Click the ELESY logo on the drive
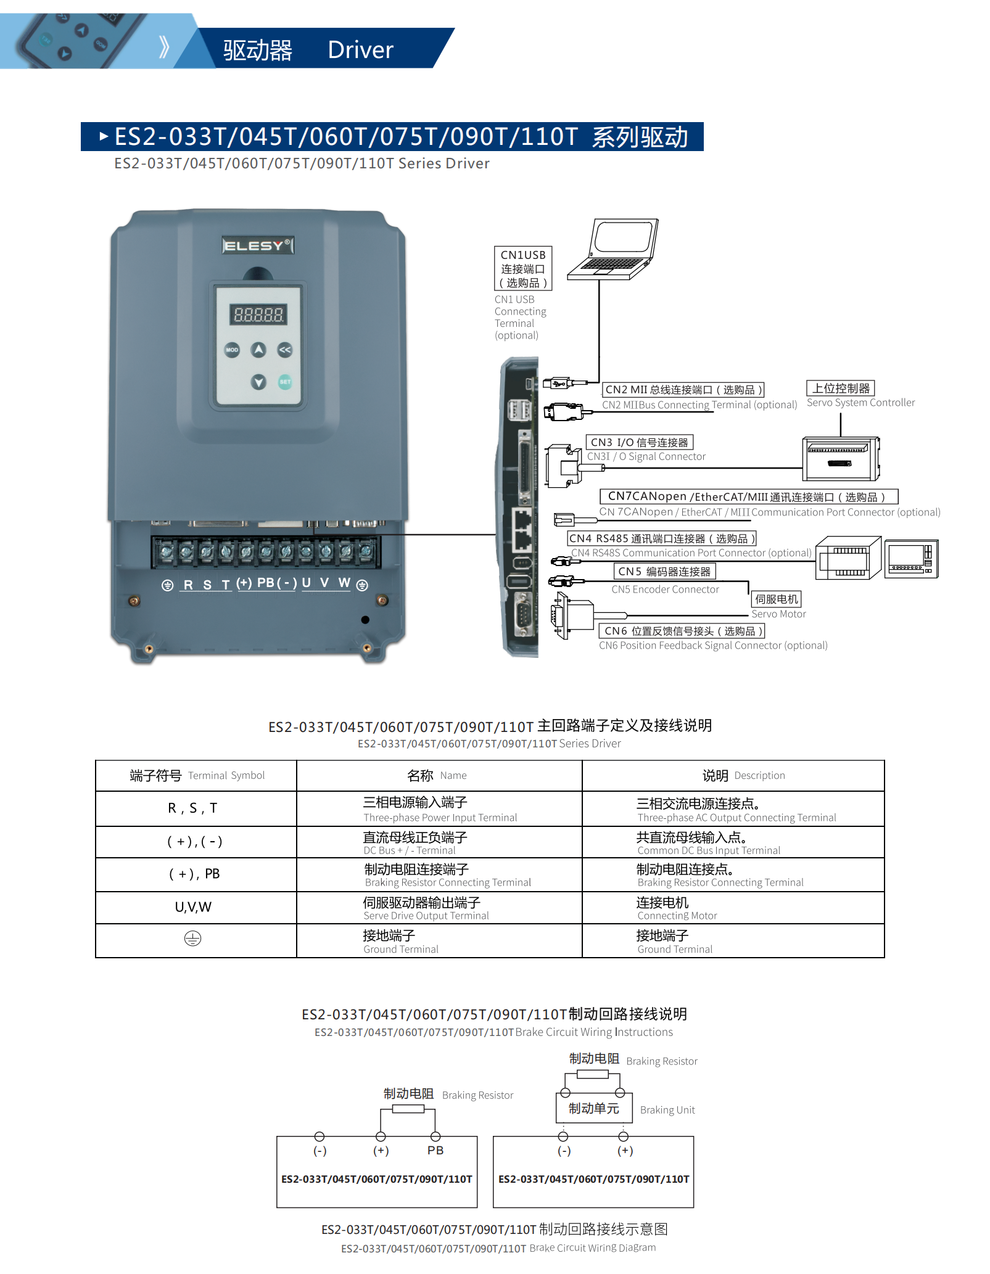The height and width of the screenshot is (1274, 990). (x=257, y=245)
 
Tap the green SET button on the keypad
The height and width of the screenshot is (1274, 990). (x=285, y=382)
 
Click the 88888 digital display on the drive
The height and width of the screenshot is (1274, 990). (x=258, y=315)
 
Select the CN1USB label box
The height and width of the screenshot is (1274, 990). (x=523, y=269)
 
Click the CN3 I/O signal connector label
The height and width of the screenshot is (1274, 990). (x=639, y=442)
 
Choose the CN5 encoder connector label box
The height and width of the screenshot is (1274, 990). (x=664, y=572)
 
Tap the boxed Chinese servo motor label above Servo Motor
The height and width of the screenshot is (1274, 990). (x=777, y=599)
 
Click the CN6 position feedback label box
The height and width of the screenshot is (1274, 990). (x=681, y=631)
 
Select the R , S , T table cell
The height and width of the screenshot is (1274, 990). (x=193, y=808)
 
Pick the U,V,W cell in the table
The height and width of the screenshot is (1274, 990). (x=193, y=907)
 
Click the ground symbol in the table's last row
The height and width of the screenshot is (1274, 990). (x=192, y=939)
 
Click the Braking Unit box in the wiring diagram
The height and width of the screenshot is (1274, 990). (x=594, y=1109)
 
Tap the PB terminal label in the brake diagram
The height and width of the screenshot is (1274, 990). (x=435, y=1151)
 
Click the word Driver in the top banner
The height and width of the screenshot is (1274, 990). (x=360, y=50)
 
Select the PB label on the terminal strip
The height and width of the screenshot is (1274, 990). (x=266, y=583)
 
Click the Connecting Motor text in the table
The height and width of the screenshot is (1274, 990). (x=677, y=916)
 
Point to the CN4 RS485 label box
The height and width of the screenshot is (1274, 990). (x=661, y=538)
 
